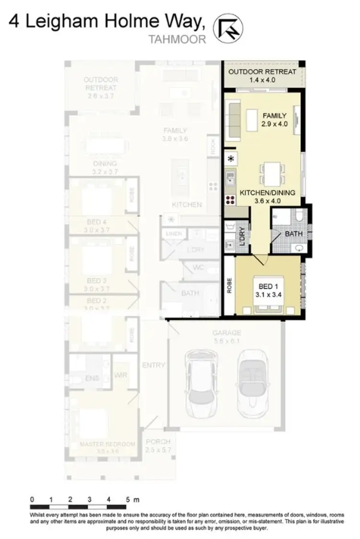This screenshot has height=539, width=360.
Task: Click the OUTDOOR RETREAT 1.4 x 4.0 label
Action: tap(262, 76)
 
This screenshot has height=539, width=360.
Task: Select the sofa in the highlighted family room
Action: tap(234, 120)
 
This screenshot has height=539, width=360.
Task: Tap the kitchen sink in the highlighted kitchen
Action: tap(230, 179)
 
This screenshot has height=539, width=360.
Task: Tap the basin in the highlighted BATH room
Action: tap(300, 248)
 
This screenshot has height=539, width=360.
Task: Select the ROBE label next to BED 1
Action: tap(229, 286)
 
